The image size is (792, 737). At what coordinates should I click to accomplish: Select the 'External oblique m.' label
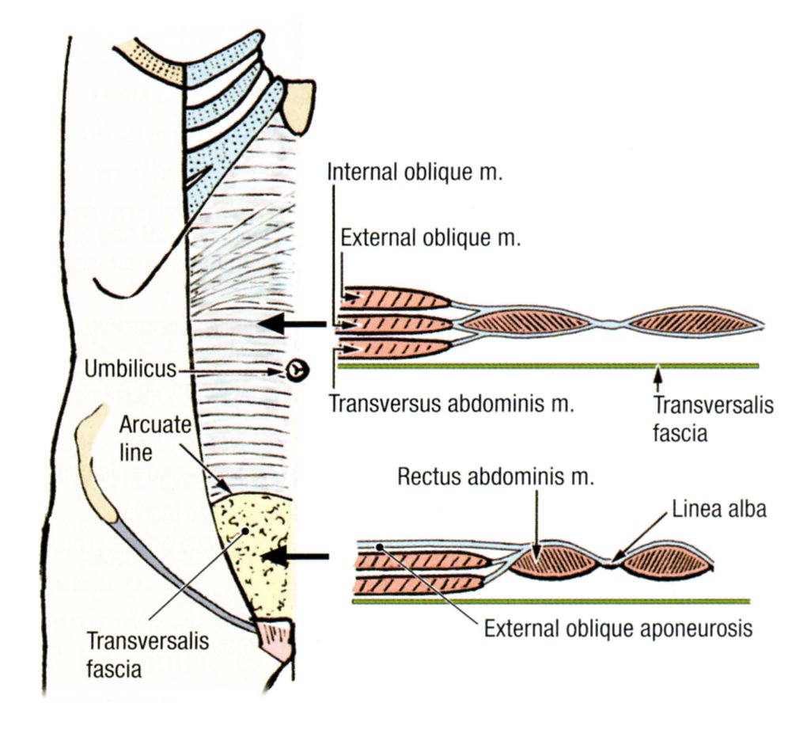click(x=430, y=238)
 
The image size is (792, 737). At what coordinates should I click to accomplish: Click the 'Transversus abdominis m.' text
click(x=448, y=403)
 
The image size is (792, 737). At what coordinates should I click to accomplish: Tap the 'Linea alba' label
click(x=720, y=509)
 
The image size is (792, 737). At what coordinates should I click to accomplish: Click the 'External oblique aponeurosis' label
click(x=617, y=631)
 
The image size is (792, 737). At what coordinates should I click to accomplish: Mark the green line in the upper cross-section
click(x=546, y=366)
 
